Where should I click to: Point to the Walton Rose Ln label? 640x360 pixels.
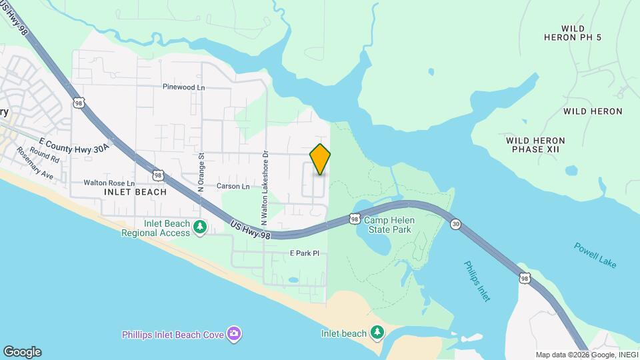pos(109,183)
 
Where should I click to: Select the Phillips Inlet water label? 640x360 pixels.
pos(477,281)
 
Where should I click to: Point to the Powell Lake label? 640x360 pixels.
pos(595,255)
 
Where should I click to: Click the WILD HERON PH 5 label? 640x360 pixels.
pos(582,33)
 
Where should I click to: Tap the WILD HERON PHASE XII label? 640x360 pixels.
pos(535,145)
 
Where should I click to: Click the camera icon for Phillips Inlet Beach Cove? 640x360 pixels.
pos(234,333)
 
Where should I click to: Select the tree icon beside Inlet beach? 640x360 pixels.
pos(377,331)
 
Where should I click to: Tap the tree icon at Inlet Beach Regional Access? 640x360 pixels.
pos(199,228)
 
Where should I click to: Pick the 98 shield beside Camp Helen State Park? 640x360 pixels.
pos(355,219)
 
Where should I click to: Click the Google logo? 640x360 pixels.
pos(22,352)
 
